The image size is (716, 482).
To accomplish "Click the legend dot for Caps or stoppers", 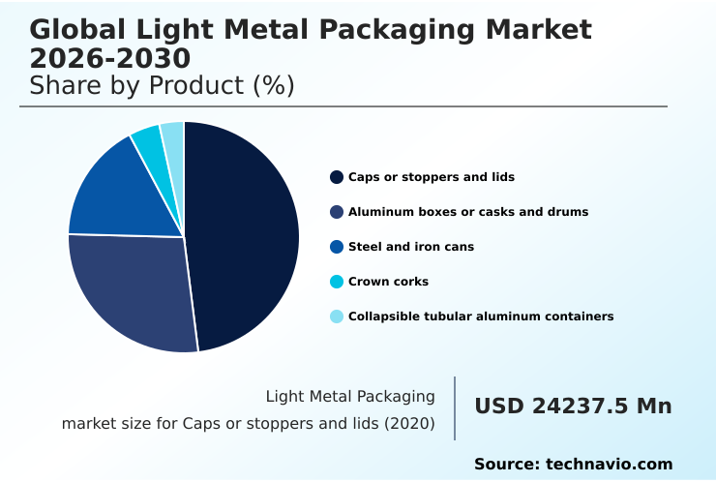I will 337,177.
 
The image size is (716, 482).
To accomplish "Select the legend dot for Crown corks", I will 337,282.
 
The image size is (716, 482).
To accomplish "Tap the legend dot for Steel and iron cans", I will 337,247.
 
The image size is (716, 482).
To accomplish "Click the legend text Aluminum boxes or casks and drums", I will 467,212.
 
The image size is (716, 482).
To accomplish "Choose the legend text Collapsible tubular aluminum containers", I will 480,316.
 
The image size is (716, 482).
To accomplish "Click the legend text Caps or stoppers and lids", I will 431,177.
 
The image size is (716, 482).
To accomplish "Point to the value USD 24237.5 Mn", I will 573,407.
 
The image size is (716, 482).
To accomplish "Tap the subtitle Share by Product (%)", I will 162,86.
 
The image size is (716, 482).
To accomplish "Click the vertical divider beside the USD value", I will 455,408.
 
